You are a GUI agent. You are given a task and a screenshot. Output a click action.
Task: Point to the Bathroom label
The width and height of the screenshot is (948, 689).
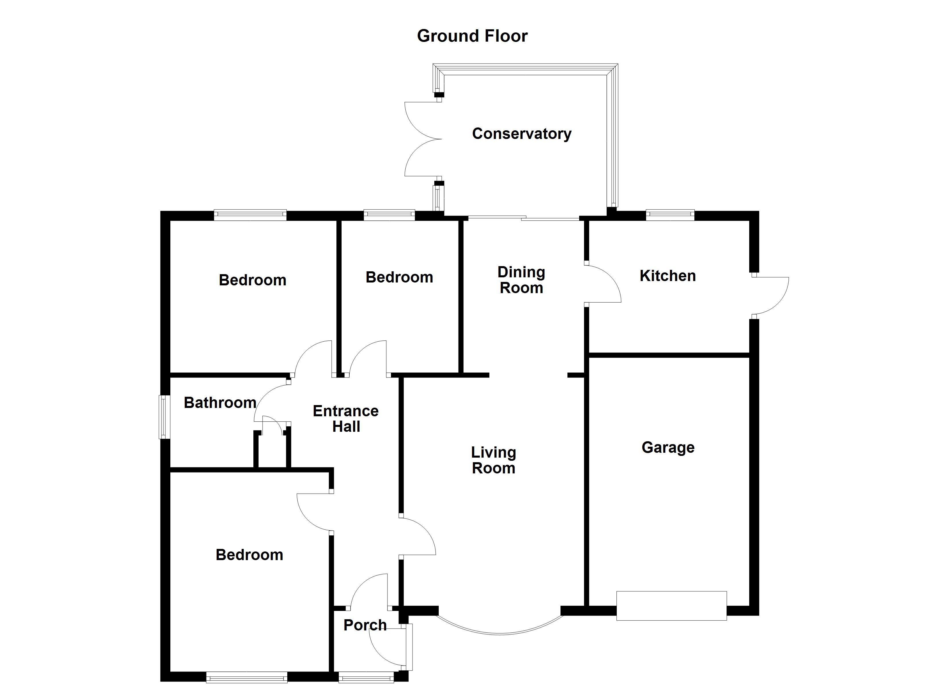point(220,402)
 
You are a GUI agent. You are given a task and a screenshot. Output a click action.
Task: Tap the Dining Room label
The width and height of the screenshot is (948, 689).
point(521,280)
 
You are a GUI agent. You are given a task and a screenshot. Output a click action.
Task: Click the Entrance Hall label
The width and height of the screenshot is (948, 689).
point(346,419)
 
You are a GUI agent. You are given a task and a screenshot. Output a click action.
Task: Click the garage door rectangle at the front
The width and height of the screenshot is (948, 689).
point(671,605)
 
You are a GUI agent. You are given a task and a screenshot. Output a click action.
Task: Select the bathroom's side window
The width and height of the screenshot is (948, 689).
point(164,417)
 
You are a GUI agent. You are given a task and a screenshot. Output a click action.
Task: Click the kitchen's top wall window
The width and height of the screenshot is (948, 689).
point(670,215)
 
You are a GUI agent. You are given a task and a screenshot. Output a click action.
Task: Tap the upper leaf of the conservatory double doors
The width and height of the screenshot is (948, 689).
point(422,120)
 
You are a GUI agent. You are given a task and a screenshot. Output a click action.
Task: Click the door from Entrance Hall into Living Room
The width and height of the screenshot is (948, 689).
point(417,537)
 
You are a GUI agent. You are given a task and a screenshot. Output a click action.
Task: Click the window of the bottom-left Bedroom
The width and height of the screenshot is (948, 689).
point(246,677)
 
